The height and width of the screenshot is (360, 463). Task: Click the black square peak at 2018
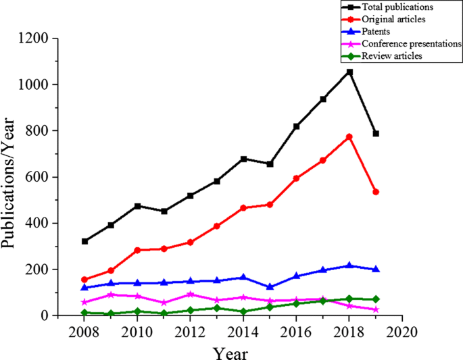click(x=349, y=72)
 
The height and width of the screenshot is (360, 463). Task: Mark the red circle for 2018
click(x=349, y=136)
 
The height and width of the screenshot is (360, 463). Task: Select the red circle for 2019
click(x=376, y=192)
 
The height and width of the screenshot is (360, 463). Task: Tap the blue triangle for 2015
click(x=270, y=287)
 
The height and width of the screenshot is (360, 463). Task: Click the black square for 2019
click(x=376, y=134)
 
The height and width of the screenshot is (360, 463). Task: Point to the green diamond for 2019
click(x=376, y=299)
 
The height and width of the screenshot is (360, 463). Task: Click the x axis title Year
click(x=230, y=352)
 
